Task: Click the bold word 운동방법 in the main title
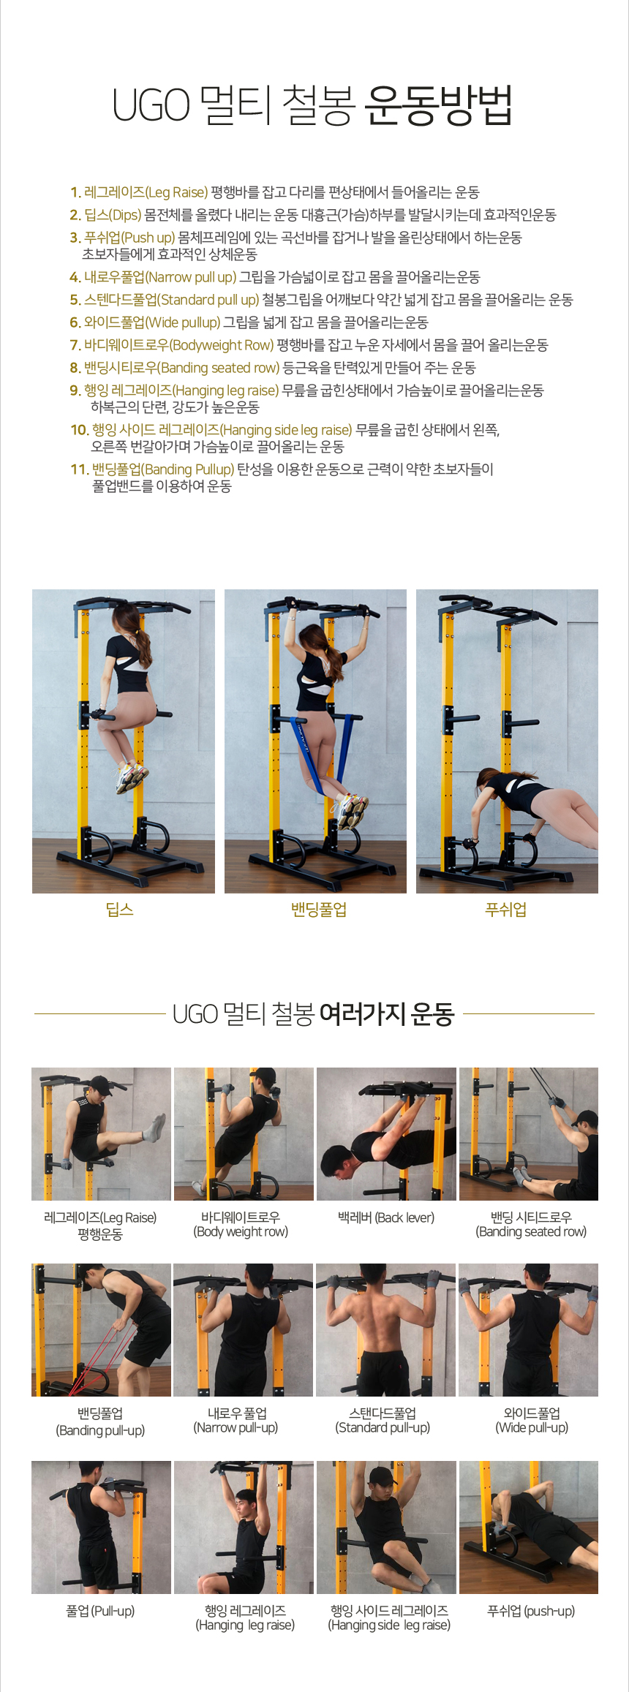click(437, 105)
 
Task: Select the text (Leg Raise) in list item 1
click(177, 192)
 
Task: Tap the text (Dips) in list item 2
click(125, 215)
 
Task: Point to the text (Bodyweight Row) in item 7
click(222, 345)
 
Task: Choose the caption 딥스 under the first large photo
click(120, 910)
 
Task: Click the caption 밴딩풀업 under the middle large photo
click(319, 910)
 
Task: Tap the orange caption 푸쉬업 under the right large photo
click(506, 910)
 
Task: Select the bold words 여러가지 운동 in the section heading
click(387, 1014)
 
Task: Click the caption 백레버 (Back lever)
click(386, 1217)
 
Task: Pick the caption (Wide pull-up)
click(532, 1427)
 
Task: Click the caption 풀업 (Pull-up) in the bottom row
click(100, 1610)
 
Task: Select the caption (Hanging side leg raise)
click(389, 1625)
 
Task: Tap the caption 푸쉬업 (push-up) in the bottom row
click(531, 1610)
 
